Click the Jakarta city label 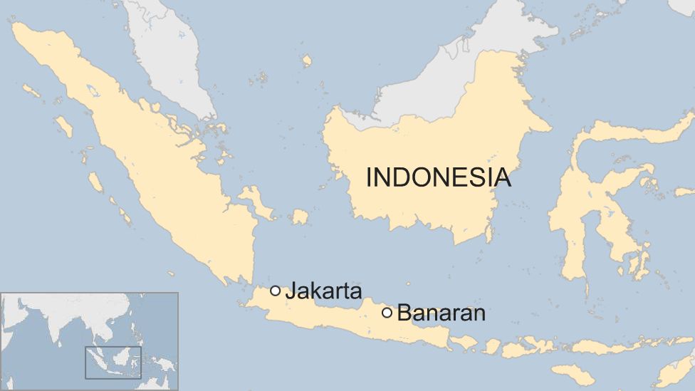[x=323, y=291]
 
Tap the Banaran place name [x=441, y=313]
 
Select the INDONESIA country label [x=438, y=177]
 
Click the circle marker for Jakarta [x=276, y=291]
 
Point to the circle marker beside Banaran [x=387, y=312]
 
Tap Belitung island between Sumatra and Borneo [x=300, y=217]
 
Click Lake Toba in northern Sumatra [x=92, y=90]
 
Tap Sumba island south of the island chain [x=573, y=373]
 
